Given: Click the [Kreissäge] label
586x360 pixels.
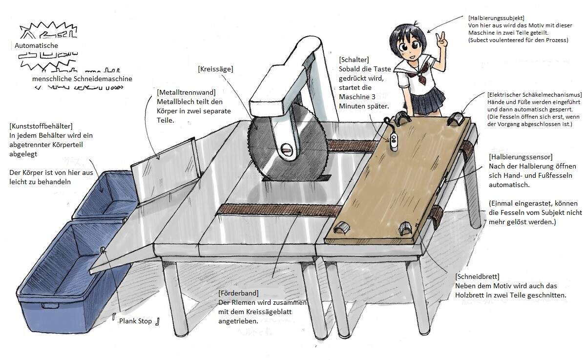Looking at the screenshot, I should coord(215,69).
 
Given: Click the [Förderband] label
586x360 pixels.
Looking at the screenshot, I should coord(239,293).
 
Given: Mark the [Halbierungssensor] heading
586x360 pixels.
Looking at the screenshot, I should coord(521,157).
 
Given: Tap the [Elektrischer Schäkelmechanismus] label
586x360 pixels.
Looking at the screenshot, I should coord(534,94).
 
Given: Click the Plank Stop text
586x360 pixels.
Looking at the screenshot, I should coord(135,321).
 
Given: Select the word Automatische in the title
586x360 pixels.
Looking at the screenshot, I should coord(36,45).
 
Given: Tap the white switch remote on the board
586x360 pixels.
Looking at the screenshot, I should coord(394,140).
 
